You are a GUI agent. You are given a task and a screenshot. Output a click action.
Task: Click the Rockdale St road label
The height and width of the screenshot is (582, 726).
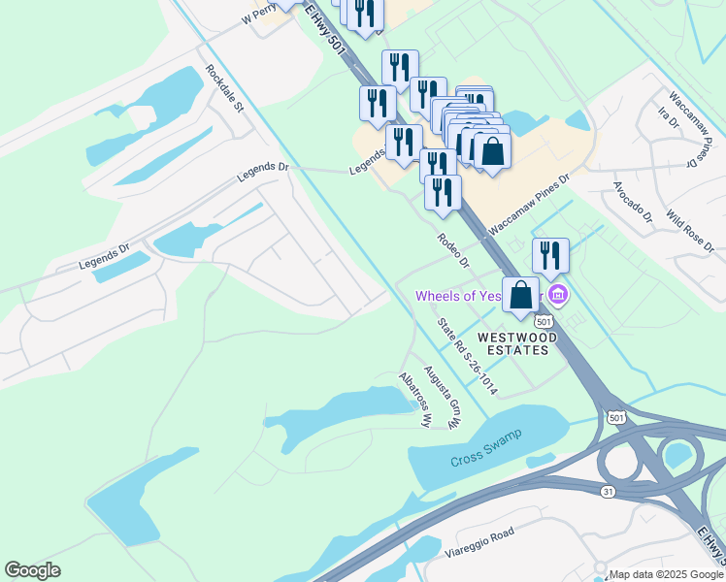tap(224, 88)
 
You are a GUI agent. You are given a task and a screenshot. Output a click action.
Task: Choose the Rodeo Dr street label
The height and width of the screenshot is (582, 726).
tap(452, 250)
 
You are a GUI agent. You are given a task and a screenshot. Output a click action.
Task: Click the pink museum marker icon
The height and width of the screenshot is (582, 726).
tap(557, 294)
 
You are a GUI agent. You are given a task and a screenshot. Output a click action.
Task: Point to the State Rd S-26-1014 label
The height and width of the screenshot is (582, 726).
tap(467, 357)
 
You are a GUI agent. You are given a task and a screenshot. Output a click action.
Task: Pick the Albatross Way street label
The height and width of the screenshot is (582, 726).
tap(414, 399)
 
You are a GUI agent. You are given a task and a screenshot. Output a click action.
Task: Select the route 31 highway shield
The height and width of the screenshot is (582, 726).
tap(608, 492)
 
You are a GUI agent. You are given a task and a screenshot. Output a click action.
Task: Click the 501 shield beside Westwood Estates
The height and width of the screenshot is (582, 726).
tap(544, 321)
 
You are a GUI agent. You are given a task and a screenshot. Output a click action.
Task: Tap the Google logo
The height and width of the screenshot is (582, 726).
tap(32, 570)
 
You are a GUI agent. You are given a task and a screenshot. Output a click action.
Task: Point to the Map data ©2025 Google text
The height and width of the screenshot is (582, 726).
tap(666, 574)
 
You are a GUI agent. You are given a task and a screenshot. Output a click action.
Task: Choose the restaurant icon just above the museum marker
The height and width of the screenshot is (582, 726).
tap(550, 255)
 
